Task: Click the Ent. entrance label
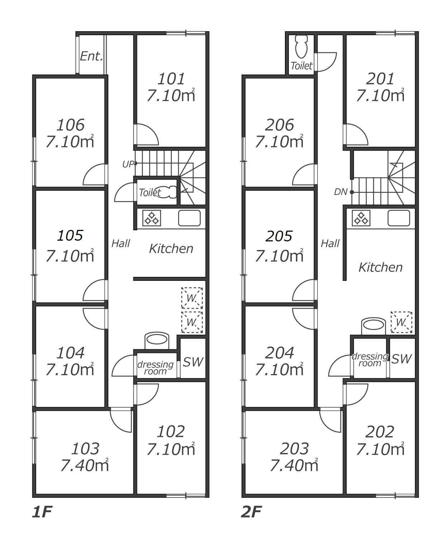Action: (91, 56)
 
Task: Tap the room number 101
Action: (171, 79)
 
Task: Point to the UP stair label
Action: (128, 164)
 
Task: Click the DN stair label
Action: (340, 192)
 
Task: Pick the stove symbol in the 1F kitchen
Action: (152, 218)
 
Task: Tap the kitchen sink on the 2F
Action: (399, 218)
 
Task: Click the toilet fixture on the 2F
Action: (301, 47)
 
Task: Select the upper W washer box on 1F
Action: (192, 298)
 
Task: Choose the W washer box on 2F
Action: (401, 322)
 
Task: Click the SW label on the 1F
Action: (193, 362)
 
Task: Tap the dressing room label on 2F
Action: (370, 360)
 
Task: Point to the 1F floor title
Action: (42, 512)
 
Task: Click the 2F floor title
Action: (252, 512)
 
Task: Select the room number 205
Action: (279, 236)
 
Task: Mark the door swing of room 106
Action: (94, 174)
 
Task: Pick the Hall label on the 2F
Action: (330, 244)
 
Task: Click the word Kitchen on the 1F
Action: (171, 249)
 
